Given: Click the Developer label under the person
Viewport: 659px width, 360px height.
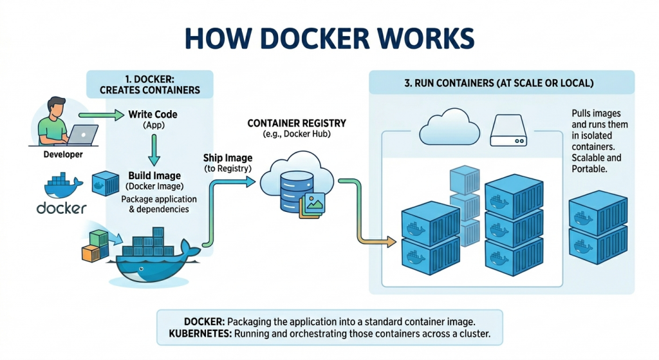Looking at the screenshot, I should coord(63,155).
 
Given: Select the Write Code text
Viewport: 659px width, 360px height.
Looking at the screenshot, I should coord(153,115).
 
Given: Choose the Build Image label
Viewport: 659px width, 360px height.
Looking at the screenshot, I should coord(154,176).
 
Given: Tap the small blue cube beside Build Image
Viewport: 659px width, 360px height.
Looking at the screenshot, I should coord(103,183).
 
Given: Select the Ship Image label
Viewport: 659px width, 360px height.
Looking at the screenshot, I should coord(228,158).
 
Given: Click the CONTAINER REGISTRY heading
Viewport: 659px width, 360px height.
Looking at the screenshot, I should coord(297,123).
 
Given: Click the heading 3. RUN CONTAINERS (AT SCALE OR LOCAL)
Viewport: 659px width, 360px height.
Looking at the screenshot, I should coord(500,84).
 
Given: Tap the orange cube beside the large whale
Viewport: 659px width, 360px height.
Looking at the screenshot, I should coord(88,254).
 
